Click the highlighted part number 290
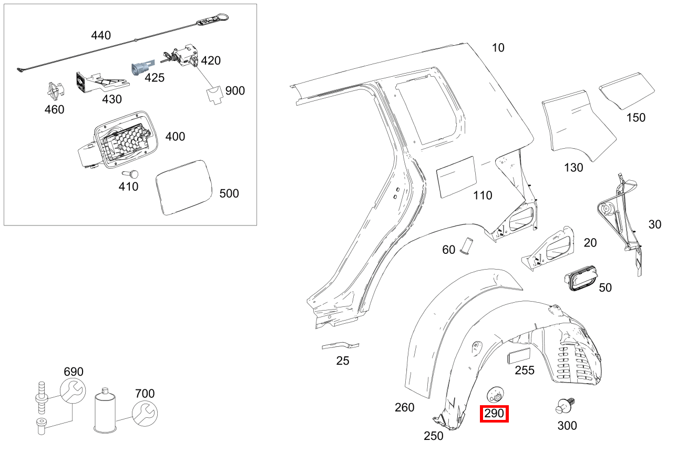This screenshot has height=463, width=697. click(494, 414)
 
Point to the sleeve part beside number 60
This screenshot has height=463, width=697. click(466, 245)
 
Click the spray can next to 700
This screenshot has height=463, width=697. click(105, 411)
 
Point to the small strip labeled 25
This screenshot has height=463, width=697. click(341, 345)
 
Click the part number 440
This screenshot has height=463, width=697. click(101, 36)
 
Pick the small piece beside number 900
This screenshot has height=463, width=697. click(214, 96)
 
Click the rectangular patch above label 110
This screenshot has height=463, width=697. click(456, 177)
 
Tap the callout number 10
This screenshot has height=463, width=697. click(498, 48)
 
